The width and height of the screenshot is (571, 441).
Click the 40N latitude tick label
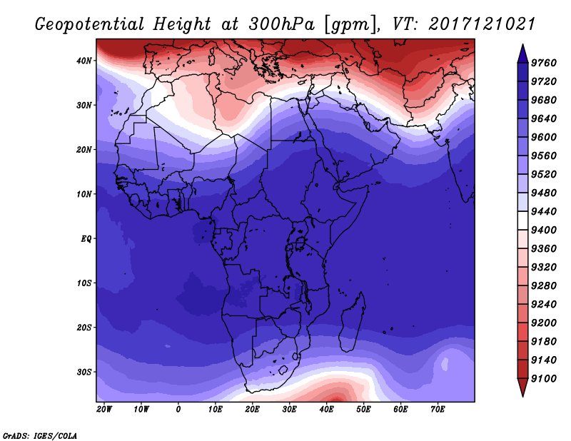(84, 61)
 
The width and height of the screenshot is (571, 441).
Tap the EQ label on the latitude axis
(86, 239)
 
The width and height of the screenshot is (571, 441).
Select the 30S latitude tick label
(84, 372)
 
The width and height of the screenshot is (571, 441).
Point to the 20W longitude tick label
(104, 410)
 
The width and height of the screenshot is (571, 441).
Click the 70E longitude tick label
(438, 410)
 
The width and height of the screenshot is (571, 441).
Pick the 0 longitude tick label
(178, 410)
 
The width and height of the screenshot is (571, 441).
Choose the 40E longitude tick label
(326, 410)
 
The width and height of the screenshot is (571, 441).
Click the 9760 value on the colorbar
(544, 63)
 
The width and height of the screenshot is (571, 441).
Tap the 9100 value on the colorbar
(544, 379)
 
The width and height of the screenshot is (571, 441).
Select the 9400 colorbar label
(544, 230)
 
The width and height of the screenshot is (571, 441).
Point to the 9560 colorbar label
(544, 156)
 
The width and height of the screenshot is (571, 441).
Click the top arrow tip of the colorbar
(522, 45)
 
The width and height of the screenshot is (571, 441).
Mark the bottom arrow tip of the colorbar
(522, 396)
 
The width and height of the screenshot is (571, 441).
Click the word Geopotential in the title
(90, 24)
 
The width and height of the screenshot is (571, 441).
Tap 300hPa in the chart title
(281, 24)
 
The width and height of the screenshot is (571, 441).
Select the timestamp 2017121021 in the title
(482, 24)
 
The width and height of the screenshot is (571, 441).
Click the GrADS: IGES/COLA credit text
(40, 436)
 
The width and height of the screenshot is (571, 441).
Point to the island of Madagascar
(352, 323)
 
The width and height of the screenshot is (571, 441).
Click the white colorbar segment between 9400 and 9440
(522, 220)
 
